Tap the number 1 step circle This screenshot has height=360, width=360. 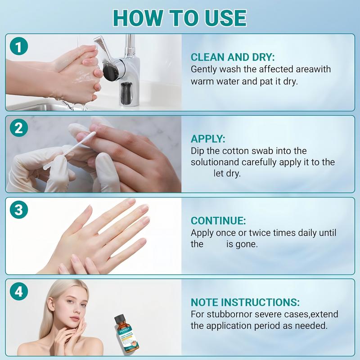click(x=19, y=46)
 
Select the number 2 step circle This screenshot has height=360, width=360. click(x=19, y=128)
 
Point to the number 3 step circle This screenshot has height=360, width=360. click(x=19, y=210)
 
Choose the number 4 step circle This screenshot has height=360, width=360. click(x=19, y=291)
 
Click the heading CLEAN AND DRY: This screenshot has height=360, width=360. click(x=233, y=57)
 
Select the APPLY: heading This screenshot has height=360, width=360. click(x=208, y=139)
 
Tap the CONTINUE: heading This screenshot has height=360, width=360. click(x=218, y=220)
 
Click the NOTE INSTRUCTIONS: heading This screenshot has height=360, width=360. click(x=245, y=302)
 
